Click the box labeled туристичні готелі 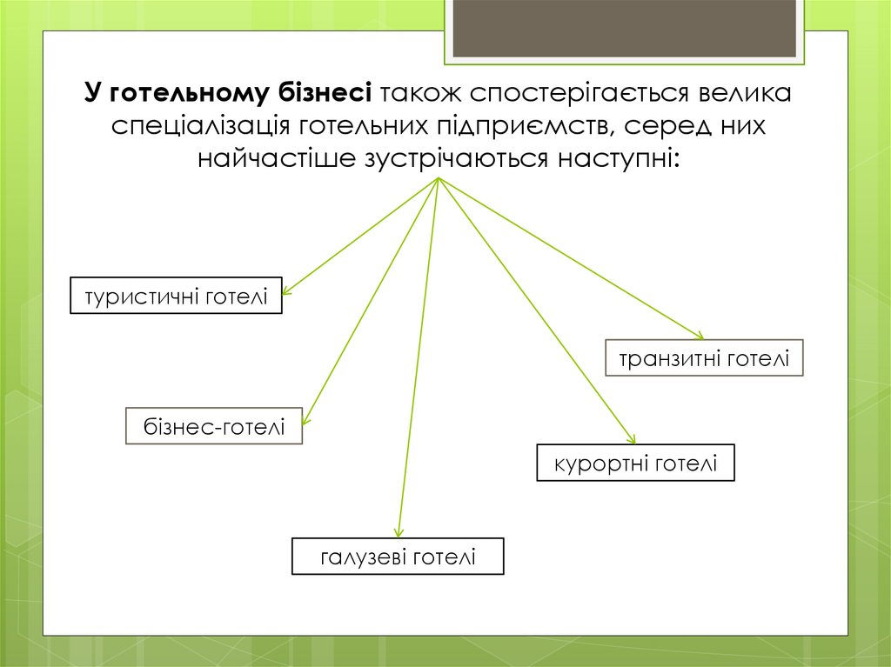[x=176, y=296]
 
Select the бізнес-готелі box [x=214, y=427]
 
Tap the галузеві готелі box [x=398, y=557]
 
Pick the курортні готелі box [x=635, y=463]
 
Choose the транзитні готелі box [x=704, y=357]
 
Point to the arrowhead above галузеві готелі [x=399, y=532]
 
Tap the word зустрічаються [x=449, y=159]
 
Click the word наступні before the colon [x=620, y=159]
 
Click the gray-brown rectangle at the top [x=625, y=28]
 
